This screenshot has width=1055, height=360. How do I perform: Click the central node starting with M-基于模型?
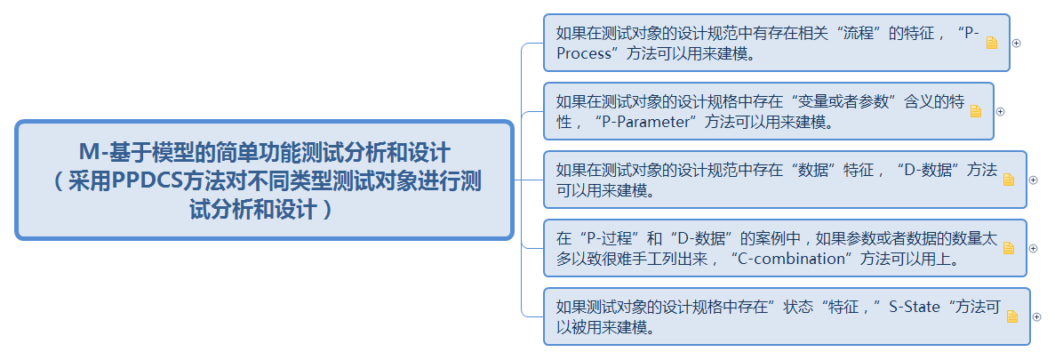(264, 180)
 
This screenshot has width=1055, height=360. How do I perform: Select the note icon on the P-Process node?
(992, 43)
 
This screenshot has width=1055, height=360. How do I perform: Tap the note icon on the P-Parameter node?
(975, 111)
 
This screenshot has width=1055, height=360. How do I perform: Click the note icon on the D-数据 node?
(1008, 180)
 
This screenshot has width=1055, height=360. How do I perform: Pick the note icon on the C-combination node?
(1008, 248)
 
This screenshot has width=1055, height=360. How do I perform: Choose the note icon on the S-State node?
(1011, 316)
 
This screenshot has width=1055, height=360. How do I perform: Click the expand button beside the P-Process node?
(1017, 43)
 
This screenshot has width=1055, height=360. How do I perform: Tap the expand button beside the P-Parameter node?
(1000, 111)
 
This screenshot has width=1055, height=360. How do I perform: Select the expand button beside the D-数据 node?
(1033, 180)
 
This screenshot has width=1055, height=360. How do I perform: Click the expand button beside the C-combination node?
(1033, 248)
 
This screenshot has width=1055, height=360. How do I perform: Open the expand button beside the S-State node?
(1036, 316)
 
